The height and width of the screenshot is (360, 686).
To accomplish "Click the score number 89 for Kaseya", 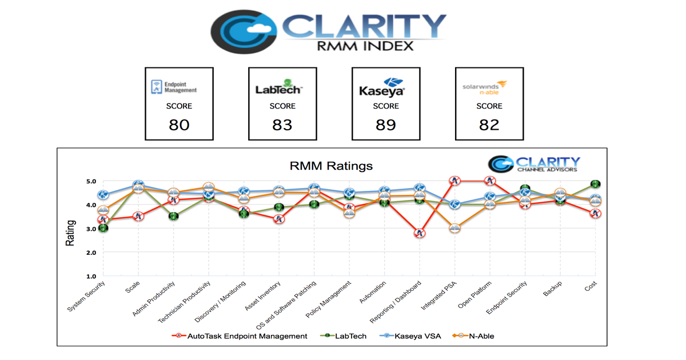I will [x=386, y=125].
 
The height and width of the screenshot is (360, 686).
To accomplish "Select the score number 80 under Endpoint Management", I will [x=179, y=125].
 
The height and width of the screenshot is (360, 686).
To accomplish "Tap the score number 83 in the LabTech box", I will [x=282, y=125].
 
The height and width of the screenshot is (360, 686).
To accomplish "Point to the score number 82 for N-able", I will [x=489, y=125].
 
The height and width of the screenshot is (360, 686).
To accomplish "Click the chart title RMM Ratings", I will [x=331, y=166].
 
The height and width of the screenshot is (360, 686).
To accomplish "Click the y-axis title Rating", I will [x=70, y=233].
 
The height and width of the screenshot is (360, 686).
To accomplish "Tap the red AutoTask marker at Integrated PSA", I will [x=455, y=181].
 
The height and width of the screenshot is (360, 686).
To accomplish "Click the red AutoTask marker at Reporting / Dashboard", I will [x=420, y=233].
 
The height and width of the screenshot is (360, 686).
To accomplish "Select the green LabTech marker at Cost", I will [x=595, y=184].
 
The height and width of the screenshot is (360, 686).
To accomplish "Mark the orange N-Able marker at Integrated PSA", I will [x=455, y=228].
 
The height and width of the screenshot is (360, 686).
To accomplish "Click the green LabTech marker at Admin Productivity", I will [x=173, y=217].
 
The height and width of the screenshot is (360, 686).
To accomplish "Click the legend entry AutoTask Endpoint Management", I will [x=240, y=336].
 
